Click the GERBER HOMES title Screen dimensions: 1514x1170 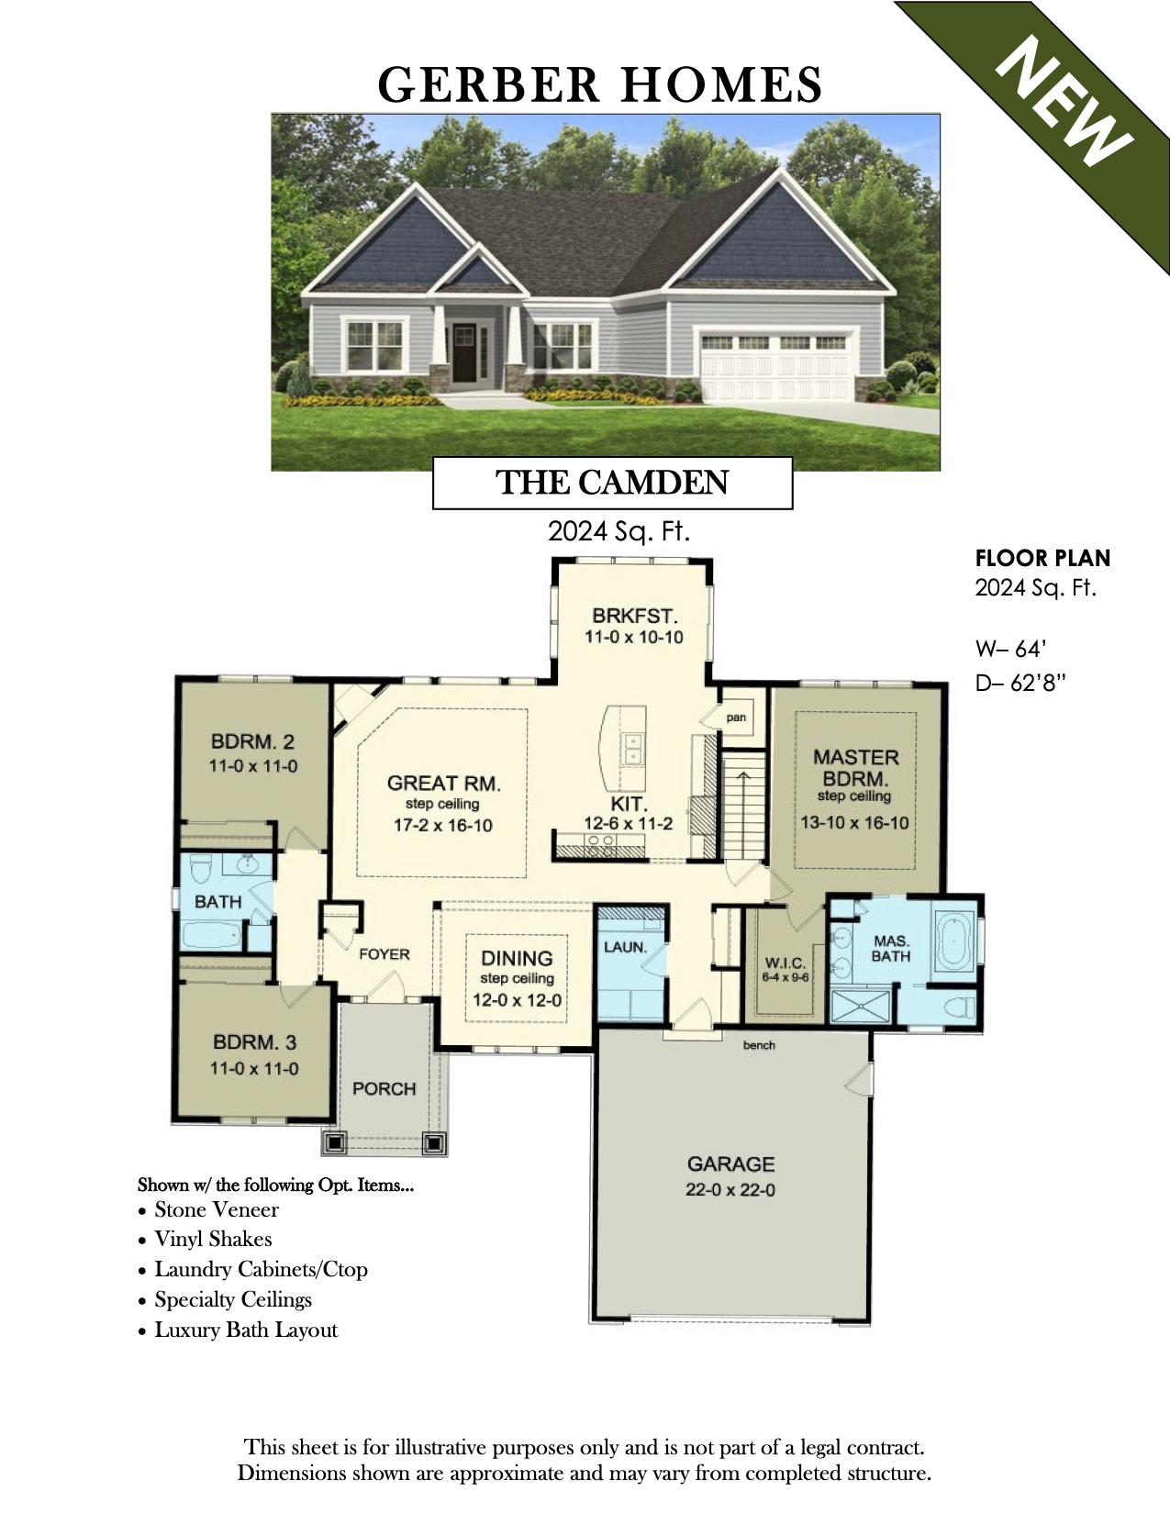(599, 84)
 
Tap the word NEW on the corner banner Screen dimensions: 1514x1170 (1064, 103)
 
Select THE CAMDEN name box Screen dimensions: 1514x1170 (612, 483)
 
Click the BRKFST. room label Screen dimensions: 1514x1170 (634, 616)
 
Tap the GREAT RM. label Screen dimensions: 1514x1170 (443, 783)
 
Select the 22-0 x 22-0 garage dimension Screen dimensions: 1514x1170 (730, 1190)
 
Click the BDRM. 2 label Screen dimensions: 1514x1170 (252, 741)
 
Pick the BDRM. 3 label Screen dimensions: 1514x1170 (254, 1042)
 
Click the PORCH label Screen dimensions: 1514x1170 (384, 1089)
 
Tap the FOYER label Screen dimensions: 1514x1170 (384, 954)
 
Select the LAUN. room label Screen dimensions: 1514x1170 (625, 947)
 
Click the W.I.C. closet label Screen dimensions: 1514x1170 (786, 963)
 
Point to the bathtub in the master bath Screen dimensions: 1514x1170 (954, 939)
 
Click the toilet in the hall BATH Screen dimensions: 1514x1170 (201, 867)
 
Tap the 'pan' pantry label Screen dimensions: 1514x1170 (736, 717)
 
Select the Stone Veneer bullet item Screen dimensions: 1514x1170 (217, 1209)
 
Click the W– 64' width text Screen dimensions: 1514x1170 (1010, 649)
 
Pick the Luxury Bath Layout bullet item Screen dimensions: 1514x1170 (246, 1330)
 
